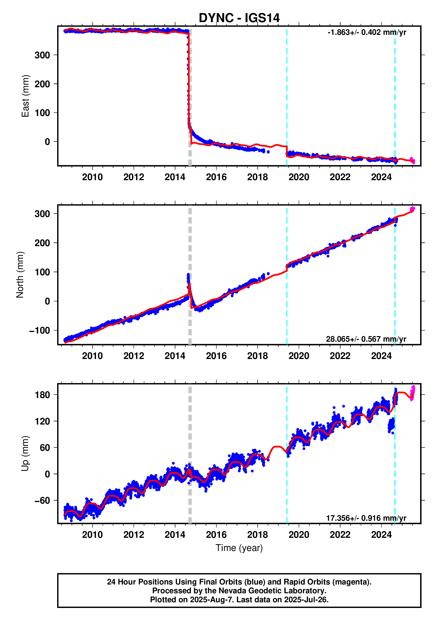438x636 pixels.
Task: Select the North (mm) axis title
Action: (20, 275)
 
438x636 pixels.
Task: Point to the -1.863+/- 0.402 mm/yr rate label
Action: (367, 32)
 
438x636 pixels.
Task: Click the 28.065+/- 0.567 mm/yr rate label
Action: (366, 339)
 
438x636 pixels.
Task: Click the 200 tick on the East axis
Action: (42, 84)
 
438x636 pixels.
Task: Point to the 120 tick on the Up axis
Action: (42, 421)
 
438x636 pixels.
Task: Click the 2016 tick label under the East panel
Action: (216, 177)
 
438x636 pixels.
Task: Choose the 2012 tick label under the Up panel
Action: (134, 535)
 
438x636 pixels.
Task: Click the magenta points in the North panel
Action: (412, 209)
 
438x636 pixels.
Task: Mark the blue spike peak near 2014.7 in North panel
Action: (188, 275)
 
